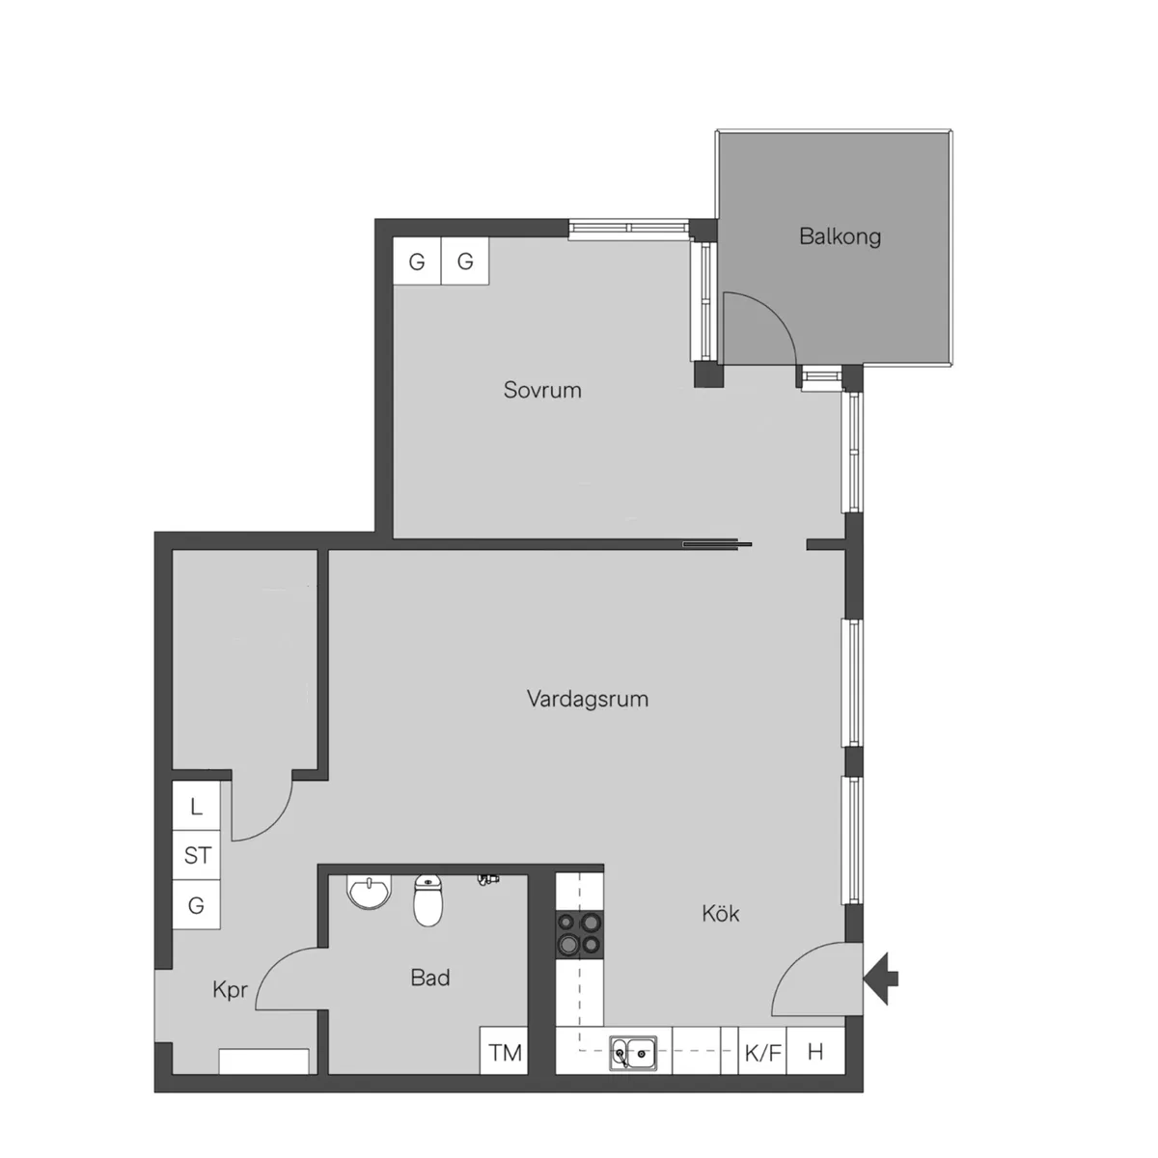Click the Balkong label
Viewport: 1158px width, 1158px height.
[840, 236]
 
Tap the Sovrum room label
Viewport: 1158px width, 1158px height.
[542, 390]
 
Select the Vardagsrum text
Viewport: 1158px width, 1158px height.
[587, 699]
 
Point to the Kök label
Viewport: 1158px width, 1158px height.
[720, 914]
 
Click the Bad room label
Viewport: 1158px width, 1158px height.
[430, 978]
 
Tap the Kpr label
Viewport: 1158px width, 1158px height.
[230, 990]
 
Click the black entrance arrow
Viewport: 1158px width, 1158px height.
[880, 979]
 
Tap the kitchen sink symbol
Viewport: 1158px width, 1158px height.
[633, 1053]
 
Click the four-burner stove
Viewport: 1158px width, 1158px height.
[579, 934]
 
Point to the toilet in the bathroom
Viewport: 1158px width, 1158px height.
[427, 899]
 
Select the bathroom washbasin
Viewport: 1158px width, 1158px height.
[369, 892]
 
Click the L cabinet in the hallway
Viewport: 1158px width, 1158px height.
[196, 806]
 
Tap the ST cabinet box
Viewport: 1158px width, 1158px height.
[196, 856]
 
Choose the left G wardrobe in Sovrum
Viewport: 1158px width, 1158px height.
[417, 261]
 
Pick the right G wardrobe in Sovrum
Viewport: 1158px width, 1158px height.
[465, 261]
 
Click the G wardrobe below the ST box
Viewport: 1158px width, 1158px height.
[196, 905]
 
